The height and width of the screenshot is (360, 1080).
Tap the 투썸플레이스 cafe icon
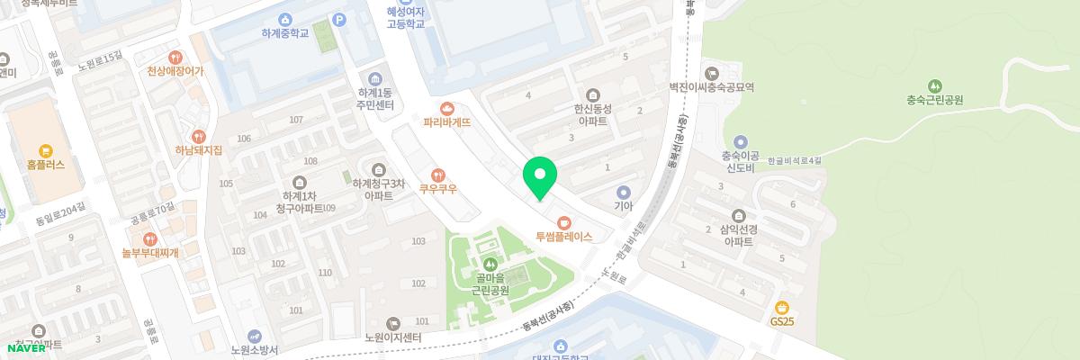click(x=564, y=221)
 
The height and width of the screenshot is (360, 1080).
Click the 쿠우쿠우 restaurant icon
click(x=439, y=175)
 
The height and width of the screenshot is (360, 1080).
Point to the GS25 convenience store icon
click(x=782, y=306)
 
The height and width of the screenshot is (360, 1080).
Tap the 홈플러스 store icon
click(x=43, y=150)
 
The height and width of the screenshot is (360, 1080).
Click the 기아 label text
click(x=624, y=205)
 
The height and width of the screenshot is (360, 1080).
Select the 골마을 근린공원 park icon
click(x=490, y=265)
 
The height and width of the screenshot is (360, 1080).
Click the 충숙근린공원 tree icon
click(x=935, y=85)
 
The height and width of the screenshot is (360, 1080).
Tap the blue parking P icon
click(x=339, y=19)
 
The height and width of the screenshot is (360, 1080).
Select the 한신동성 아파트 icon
click(x=593, y=94)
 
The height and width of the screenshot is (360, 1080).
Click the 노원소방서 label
click(x=255, y=349)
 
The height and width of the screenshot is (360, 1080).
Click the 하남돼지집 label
click(x=198, y=150)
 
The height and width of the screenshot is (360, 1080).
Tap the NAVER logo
click(x=27, y=348)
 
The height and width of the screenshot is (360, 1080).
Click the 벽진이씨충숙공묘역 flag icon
click(x=712, y=73)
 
